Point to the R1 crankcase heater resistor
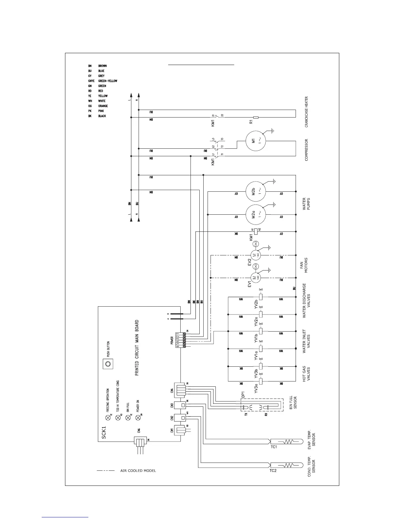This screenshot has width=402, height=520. pos(256,117)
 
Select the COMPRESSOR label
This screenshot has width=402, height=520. pos(306,150)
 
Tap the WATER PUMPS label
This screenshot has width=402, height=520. pos(306,204)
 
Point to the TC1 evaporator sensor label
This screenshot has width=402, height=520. pos(274,447)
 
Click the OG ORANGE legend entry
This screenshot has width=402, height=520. pos(98,106)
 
